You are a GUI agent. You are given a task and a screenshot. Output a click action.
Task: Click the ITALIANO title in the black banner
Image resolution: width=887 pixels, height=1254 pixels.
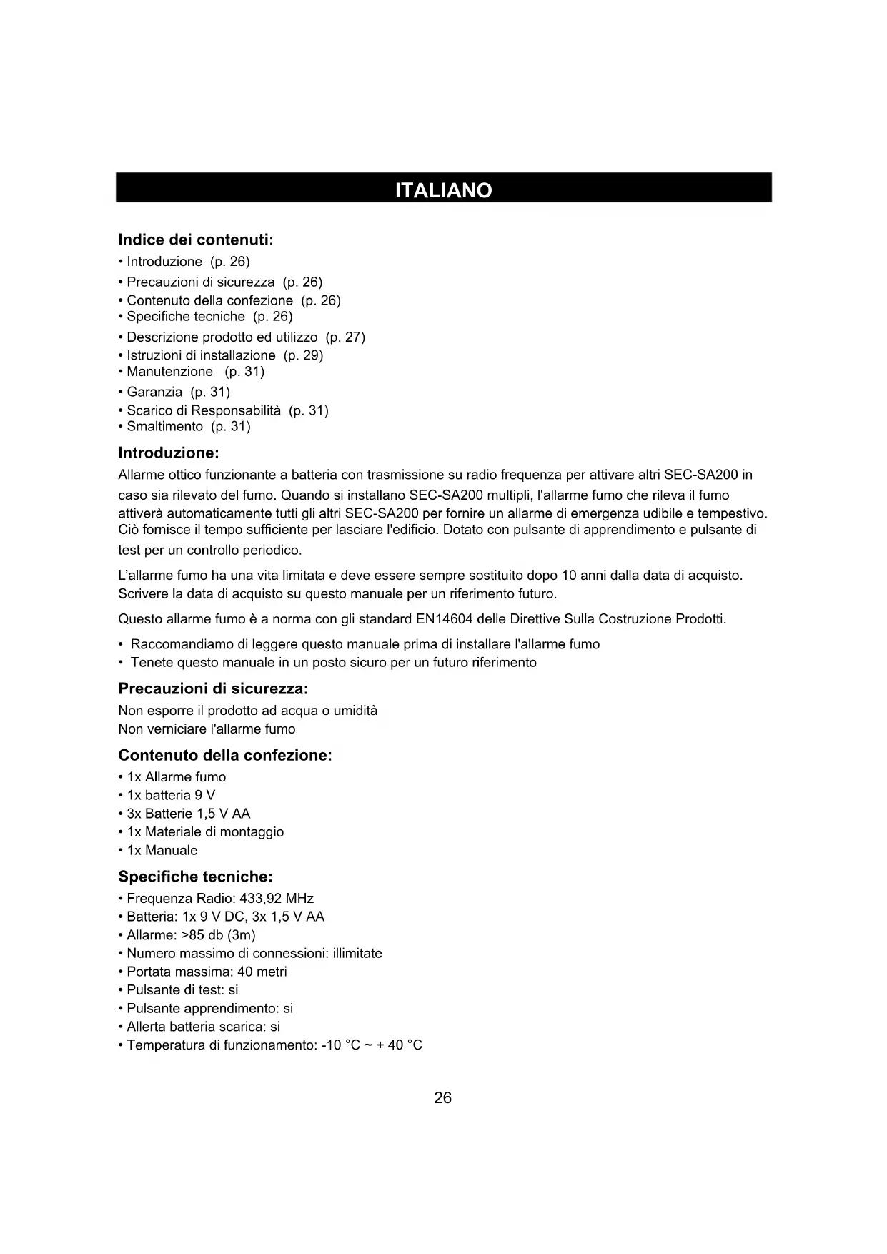point(443,190)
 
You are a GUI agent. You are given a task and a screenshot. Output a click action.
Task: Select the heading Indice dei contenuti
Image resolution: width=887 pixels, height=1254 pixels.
point(196,240)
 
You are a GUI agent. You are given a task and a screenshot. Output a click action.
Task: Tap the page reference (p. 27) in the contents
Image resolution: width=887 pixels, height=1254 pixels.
point(345,337)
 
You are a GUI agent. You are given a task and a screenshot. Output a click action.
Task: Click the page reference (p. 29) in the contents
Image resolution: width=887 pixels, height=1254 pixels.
point(304,355)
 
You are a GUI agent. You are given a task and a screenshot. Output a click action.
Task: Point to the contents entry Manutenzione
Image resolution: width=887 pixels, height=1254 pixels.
point(169,372)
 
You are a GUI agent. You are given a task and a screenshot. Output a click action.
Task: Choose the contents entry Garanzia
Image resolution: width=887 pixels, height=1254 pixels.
point(154,392)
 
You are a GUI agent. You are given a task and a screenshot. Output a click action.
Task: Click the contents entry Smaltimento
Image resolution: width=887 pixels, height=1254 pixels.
point(164,427)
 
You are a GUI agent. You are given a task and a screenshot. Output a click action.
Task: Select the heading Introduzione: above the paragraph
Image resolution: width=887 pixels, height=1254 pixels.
point(168,453)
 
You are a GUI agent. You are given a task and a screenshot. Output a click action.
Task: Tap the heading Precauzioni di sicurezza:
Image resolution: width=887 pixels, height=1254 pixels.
point(213,689)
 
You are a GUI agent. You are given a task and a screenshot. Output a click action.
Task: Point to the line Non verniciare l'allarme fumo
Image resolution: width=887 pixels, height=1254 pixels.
point(207,729)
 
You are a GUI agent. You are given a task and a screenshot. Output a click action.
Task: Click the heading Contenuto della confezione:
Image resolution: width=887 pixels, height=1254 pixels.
point(225,756)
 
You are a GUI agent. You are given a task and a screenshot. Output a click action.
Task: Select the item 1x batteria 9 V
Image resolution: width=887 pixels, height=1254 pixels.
point(171,796)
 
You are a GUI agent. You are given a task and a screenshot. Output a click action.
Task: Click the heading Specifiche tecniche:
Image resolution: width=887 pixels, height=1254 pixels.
point(195,877)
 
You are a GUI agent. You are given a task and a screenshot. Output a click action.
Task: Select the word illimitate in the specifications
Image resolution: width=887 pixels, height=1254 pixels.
point(357,954)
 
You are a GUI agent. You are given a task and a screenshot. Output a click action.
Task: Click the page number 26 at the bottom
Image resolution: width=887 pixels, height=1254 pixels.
point(443,1098)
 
